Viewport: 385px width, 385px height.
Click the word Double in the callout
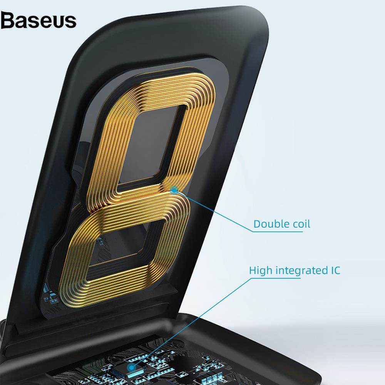(269, 224)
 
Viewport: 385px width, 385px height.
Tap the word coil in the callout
(299, 224)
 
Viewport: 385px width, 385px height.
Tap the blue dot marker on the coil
(174, 189)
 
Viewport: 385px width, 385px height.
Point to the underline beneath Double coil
(278, 231)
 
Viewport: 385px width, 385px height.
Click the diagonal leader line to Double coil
(214, 211)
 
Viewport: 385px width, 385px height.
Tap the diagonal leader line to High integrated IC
(191, 323)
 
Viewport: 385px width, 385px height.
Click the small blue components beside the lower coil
(50, 295)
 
